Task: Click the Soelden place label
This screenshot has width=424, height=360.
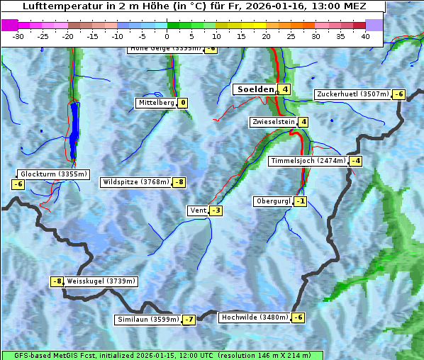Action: (255, 89)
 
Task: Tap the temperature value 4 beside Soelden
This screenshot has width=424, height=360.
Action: (284, 89)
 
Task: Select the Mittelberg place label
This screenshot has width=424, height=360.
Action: (156, 103)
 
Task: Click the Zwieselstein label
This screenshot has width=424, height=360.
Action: (273, 122)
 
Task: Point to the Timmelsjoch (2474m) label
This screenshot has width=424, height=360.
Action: (309, 161)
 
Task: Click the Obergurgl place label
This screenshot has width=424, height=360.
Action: (273, 201)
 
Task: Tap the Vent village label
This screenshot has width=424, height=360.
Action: (197, 210)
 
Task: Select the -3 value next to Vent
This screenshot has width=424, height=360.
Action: (216, 210)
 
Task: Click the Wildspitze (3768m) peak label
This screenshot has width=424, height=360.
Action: (136, 182)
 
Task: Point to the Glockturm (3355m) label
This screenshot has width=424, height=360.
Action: (53, 174)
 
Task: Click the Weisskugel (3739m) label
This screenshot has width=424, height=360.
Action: (101, 281)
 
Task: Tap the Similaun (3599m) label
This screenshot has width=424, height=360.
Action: (148, 320)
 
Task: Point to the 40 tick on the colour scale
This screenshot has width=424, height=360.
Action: (365, 36)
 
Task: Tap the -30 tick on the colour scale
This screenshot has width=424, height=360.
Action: (18, 36)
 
